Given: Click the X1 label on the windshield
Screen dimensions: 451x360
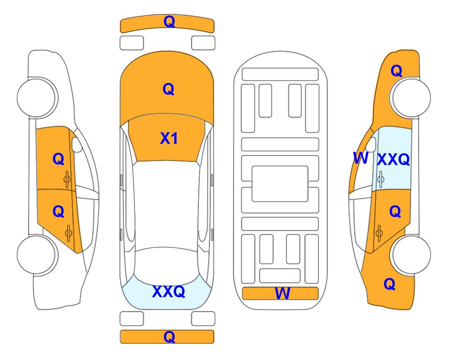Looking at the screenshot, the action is pyautogui.click(x=169, y=138).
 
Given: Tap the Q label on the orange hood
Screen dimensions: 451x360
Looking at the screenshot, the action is pyautogui.click(x=169, y=89).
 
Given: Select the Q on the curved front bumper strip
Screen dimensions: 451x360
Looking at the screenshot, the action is pyautogui.click(x=170, y=22).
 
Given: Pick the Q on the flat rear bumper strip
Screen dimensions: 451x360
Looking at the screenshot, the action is pyautogui.click(x=170, y=337).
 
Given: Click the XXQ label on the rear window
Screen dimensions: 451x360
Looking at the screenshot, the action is pyautogui.click(x=169, y=292).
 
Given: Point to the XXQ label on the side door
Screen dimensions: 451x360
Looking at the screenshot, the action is pyautogui.click(x=393, y=159).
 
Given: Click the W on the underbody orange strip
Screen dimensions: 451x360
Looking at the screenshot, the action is pyautogui.click(x=282, y=293).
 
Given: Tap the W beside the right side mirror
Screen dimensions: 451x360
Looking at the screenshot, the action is pyautogui.click(x=361, y=158).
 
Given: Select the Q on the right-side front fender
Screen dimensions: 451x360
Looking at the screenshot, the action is pyautogui.click(x=396, y=71).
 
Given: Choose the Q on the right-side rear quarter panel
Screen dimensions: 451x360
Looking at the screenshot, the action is pyautogui.click(x=390, y=284).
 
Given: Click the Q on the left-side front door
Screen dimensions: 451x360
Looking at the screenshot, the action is pyautogui.click(x=59, y=159).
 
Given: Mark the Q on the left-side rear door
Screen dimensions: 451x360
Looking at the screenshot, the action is pyautogui.click(x=59, y=211).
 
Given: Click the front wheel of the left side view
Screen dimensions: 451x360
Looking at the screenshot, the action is pyautogui.click(x=37, y=97).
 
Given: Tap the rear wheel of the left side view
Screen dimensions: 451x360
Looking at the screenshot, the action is pyautogui.click(x=37, y=255).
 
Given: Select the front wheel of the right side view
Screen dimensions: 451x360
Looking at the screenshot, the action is pyautogui.click(x=411, y=97).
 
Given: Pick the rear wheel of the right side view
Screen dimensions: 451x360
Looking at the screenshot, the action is pyautogui.click(x=411, y=255).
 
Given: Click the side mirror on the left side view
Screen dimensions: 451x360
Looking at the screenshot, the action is pyautogui.click(x=76, y=144).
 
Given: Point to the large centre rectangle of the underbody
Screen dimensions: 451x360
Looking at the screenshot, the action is pyautogui.click(x=280, y=184).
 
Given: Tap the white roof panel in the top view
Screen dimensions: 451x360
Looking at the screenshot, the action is pyautogui.click(x=167, y=205).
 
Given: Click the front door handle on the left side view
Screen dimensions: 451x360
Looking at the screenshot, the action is pyautogui.click(x=67, y=179).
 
